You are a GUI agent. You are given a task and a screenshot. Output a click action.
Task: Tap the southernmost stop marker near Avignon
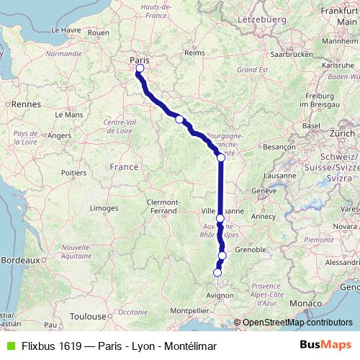[x=217, y=272]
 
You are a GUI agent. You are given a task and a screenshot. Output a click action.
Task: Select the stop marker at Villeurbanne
[x=220, y=217]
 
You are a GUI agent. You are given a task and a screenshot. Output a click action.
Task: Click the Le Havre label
[x=66, y=30]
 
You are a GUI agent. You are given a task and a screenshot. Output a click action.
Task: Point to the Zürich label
[x=343, y=134]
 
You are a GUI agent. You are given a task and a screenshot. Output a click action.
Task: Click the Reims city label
[x=194, y=52]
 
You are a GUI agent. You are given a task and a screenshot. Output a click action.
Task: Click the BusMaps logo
[x=325, y=346]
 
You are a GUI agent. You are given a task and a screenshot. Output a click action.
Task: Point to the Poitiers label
[x=74, y=173]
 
